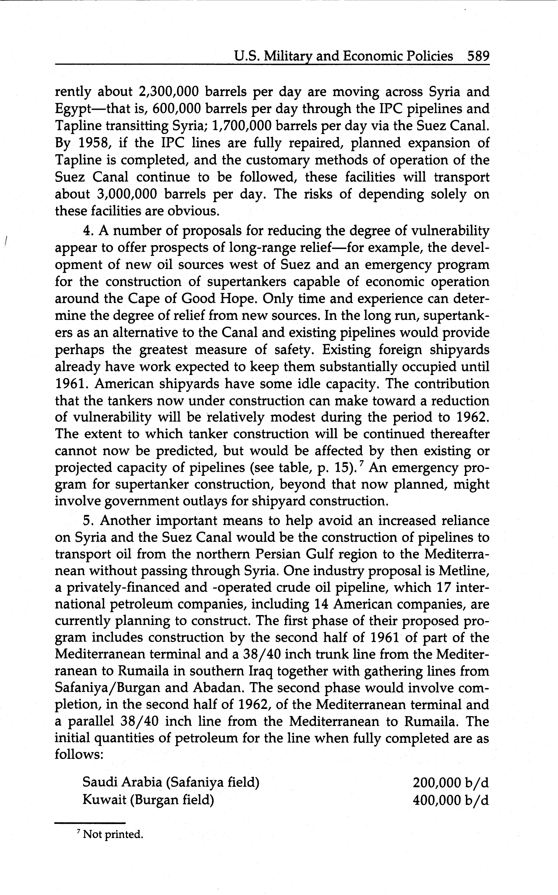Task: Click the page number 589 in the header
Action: [478, 56]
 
